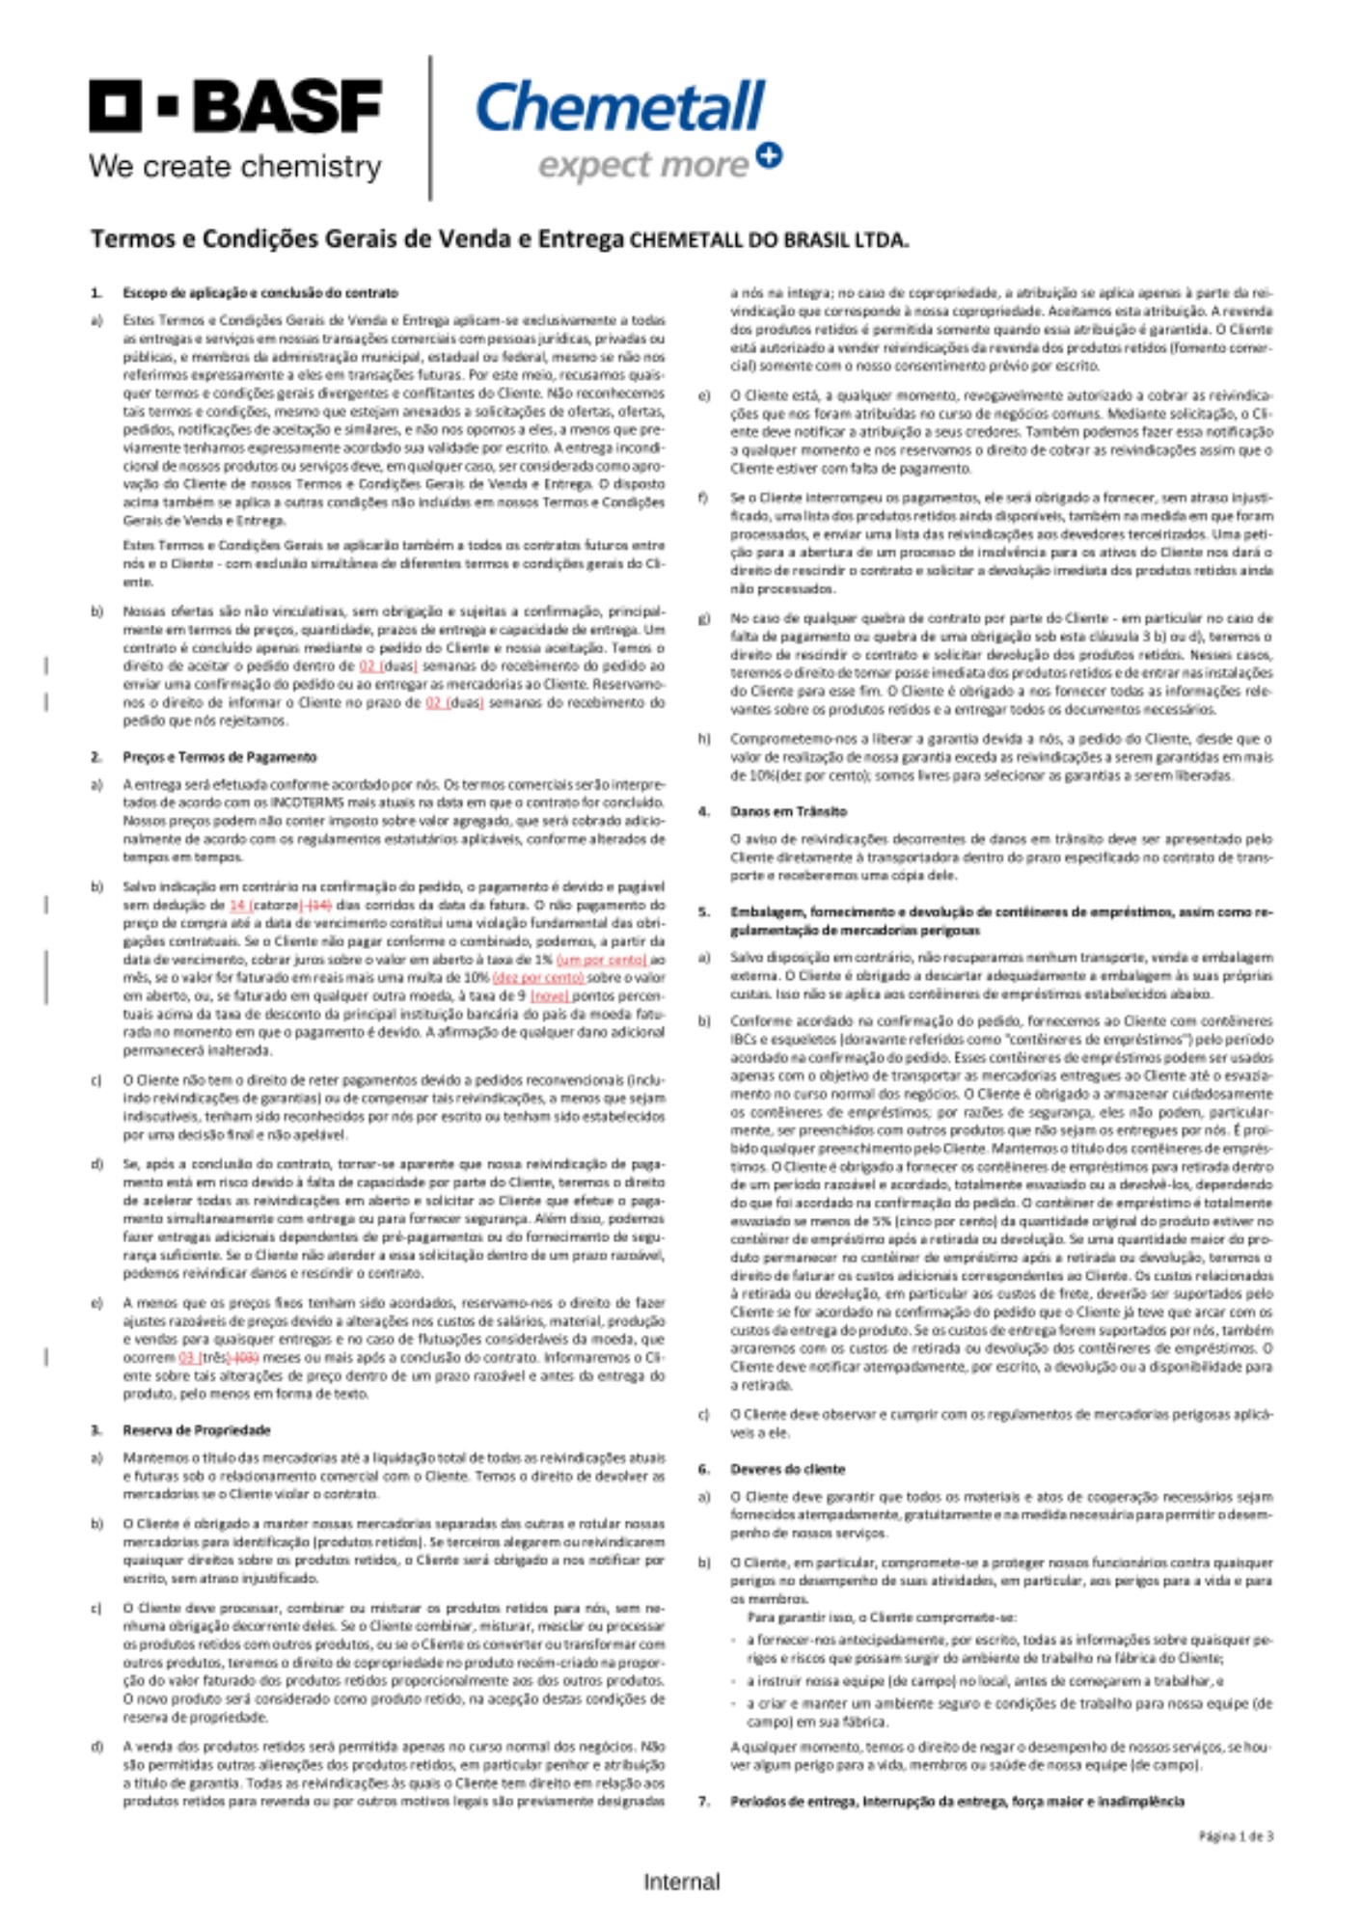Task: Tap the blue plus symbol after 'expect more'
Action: coord(769,155)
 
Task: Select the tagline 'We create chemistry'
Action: coord(234,166)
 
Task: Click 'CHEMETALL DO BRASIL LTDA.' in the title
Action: coord(769,240)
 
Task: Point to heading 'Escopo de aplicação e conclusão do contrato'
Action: coord(259,292)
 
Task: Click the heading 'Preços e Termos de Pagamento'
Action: coord(219,757)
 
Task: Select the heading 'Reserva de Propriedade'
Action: coord(196,1430)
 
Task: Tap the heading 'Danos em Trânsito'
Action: coord(788,811)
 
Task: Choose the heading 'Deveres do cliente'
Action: coord(787,1469)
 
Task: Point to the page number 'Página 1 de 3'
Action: coord(1236,1836)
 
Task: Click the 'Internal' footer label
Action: coord(681,1882)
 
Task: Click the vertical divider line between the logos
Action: coord(429,127)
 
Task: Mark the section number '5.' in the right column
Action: coord(704,911)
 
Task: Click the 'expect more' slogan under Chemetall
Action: coord(642,165)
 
